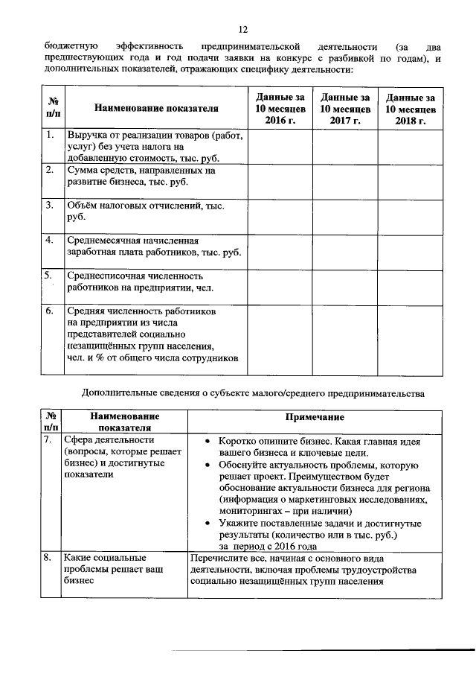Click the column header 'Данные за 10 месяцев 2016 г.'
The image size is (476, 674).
coord(280,108)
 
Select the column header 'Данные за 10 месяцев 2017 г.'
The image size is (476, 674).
coord(344,108)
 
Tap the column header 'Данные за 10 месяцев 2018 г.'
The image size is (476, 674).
coord(410,108)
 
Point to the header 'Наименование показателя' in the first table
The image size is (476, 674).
coord(156,109)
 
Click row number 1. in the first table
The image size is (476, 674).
coord(49,136)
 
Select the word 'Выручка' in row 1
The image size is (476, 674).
coord(87,136)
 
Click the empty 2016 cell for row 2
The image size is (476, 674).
coord(280,180)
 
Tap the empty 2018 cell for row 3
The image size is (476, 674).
coord(410,215)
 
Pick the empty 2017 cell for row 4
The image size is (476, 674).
coord(344,251)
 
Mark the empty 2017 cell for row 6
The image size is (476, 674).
coord(344,340)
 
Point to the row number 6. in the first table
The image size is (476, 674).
coord(49,311)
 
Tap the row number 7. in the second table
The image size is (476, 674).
coord(49,439)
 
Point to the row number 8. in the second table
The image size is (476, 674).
coord(49,558)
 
